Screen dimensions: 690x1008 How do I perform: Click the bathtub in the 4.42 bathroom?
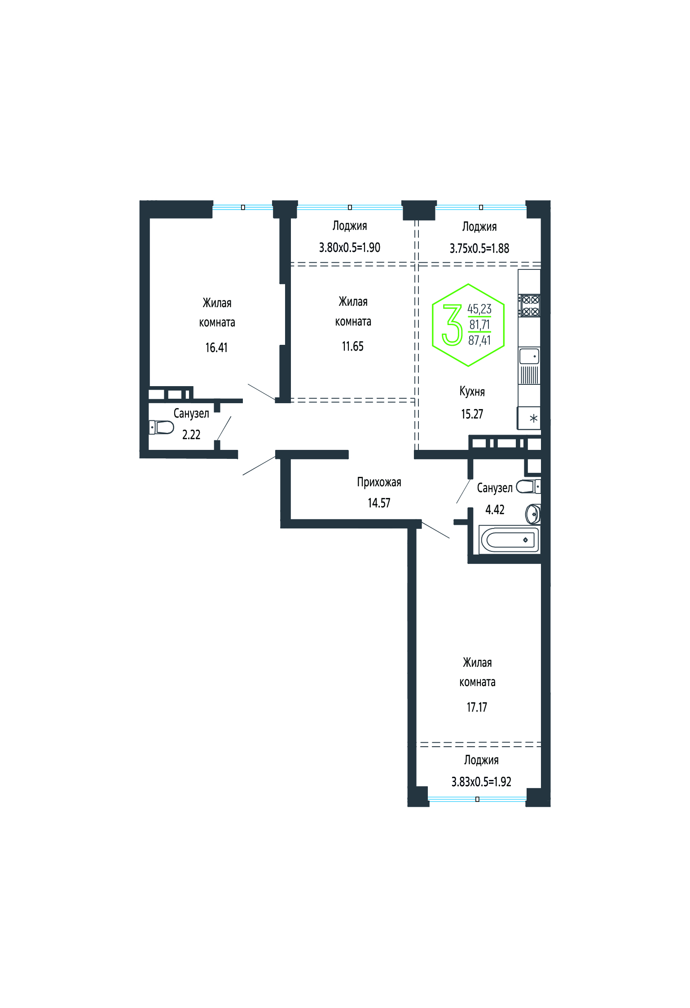coord(510,539)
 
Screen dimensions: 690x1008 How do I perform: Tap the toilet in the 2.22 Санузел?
coord(161,427)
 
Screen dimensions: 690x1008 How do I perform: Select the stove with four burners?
coord(530,305)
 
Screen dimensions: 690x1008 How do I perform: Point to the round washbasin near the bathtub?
coord(533,514)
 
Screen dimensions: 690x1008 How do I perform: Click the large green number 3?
coord(452,325)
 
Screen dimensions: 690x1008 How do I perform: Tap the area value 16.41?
coord(216,348)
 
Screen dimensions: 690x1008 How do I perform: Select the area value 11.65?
coord(352,346)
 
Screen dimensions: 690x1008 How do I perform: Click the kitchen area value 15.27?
coord(472,414)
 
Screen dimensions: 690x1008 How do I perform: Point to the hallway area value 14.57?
coord(379,503)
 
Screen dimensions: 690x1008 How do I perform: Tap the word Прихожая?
coord(379,482)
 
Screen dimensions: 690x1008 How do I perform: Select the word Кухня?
coord(472,392)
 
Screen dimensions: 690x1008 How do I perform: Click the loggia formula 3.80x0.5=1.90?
coord(349,247)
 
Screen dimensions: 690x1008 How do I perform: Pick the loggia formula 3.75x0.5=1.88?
coord(479,248)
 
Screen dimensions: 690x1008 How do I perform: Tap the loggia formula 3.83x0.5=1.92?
coord(481,782)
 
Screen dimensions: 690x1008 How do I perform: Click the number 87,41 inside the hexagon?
coord(479,341)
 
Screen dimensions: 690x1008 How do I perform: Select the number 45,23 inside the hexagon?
coord(479,309)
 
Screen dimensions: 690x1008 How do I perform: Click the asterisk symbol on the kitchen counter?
coord(533,419)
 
